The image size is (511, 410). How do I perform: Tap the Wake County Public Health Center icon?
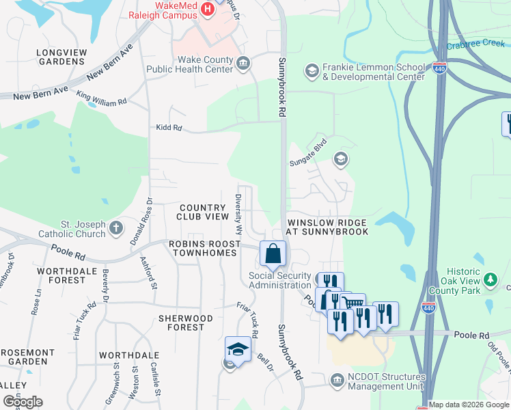[243, 64]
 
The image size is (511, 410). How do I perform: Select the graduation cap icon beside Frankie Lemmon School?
[312, 71]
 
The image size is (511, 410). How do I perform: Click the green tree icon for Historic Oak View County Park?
[489, 279]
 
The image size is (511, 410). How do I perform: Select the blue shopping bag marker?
[273, 254]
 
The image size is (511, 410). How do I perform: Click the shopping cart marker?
[353, 303]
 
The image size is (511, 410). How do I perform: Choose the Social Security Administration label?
[280, 280]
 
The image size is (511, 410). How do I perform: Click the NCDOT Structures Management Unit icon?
[336, 380]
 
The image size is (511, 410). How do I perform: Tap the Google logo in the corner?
[23, 402]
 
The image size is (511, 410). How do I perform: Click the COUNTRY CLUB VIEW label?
[204, 212]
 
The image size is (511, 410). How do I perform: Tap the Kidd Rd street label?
[168, 128]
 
